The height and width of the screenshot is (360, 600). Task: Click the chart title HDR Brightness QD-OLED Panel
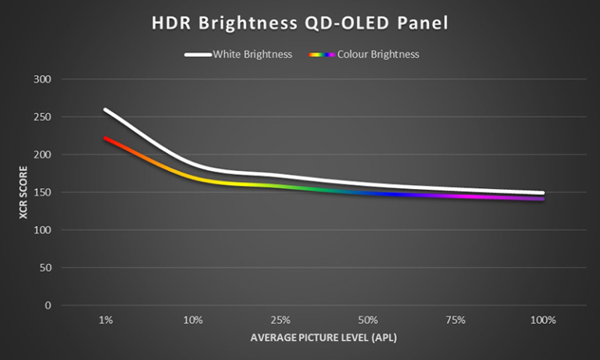click(300, 23)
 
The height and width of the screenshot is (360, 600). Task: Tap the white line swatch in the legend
click(198, 55)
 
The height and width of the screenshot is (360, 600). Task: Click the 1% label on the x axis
click(105, 320)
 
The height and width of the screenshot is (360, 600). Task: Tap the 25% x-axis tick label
click(280, 320)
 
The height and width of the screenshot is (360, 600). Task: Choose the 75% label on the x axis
click(455, 320)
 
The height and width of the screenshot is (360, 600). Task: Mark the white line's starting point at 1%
click(105, 110)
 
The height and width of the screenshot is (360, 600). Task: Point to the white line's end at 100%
click(542, 193)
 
